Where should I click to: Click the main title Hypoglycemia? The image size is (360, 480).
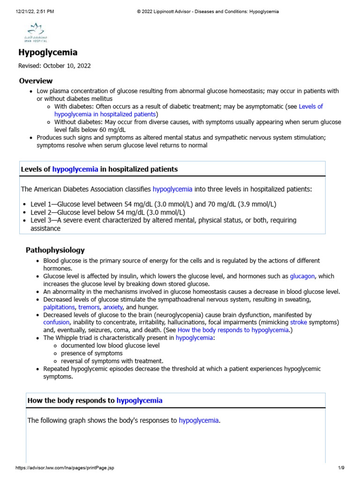coord(48,53)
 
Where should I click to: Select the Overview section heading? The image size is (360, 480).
coord(36,81)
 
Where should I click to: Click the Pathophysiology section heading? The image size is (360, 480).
coord(55,250)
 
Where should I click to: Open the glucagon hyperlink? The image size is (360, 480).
coord(302,276)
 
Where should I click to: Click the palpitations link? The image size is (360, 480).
coord(59,307)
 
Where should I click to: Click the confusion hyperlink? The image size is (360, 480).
coord(56,322)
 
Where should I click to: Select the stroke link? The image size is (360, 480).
coord(299,322)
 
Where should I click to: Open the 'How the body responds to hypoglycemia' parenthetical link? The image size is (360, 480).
coord(233,330)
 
